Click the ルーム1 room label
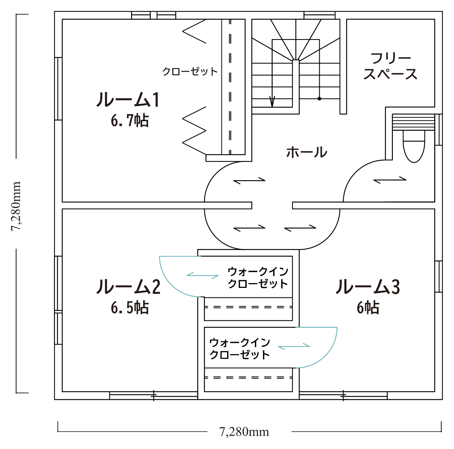click(128, 100)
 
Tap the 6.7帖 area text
click(130, 120)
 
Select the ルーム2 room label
click(129, 286)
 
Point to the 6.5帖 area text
click(130, 308)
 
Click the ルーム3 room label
click(368, 286)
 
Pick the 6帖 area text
click(368, 308)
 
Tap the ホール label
click(307, 152)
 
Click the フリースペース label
click(390, 66)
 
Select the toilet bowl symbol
click(414, 146)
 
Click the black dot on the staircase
click(319, 99)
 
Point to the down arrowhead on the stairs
click(272, 101)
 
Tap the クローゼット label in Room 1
click(190, 71)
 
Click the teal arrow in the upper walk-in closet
click(202, 275)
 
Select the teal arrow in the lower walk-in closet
click(294, 346)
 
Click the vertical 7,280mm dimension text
click(16, 206)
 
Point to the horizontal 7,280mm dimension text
click(244, 432)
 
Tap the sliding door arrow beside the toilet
click(390, 180)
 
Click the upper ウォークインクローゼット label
click(258, 278)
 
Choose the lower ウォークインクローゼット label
click(239, 349)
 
